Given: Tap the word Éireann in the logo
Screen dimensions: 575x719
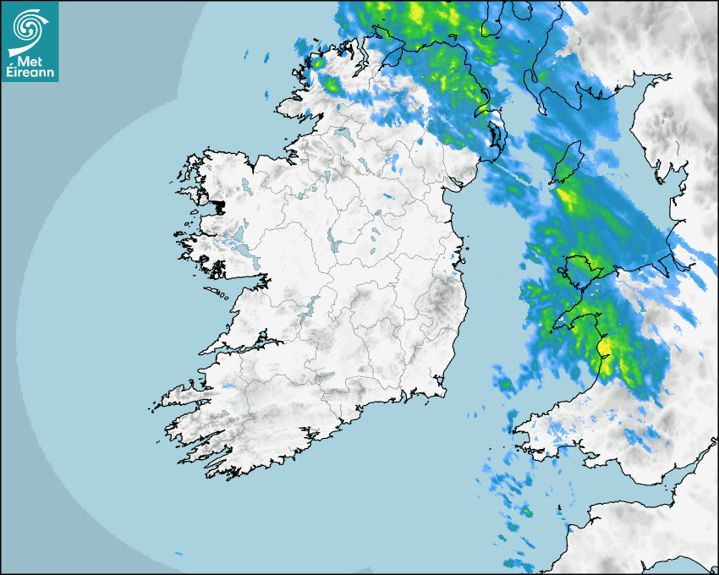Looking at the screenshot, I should pos(30,73).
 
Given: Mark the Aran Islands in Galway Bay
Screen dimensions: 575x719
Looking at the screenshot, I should pos(218,296).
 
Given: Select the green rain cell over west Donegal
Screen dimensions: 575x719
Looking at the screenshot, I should pos(331,84).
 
